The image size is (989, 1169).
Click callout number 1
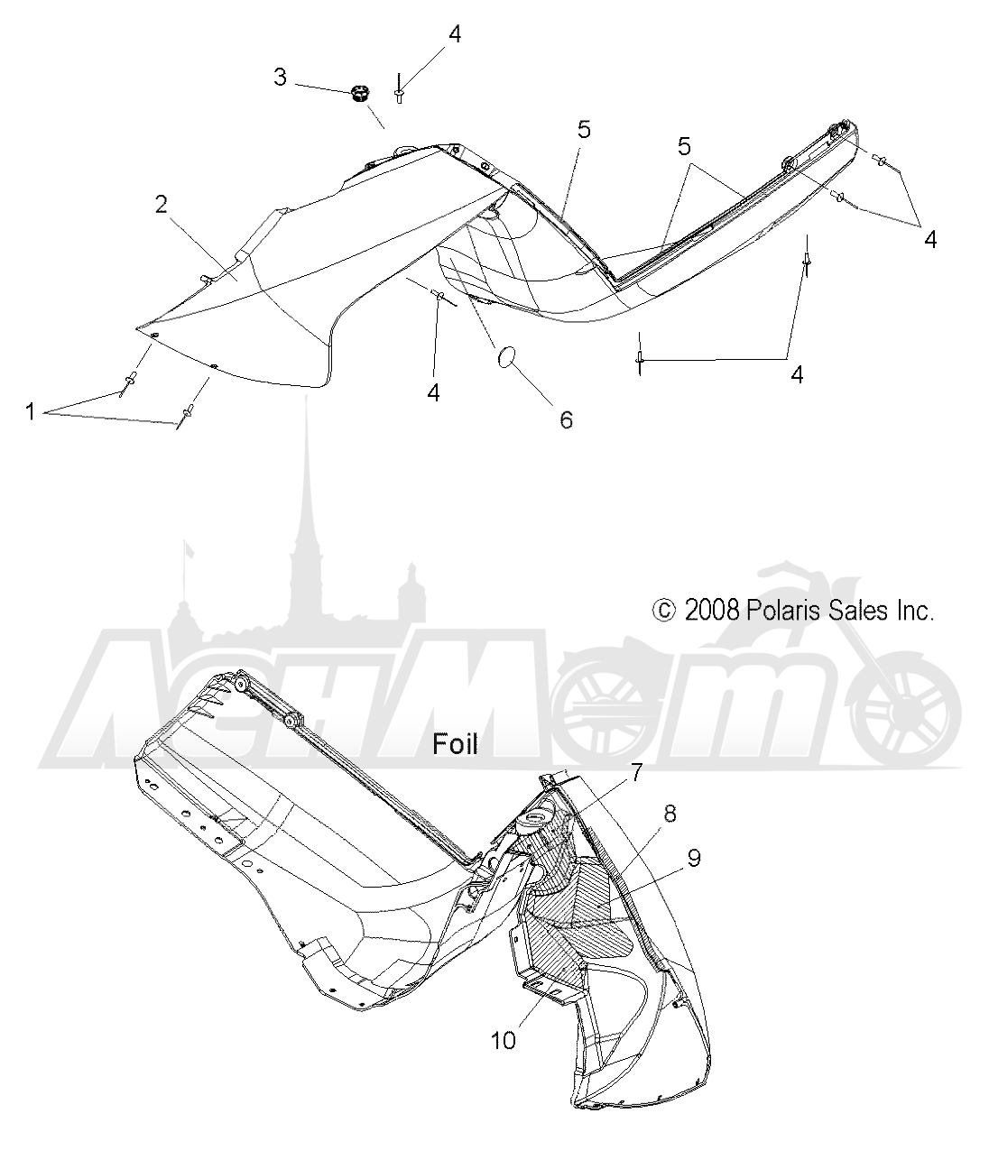point(31,411)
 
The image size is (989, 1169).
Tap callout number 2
point(162,205)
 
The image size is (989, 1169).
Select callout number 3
point(280,77)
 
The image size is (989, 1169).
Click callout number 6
point(566,419)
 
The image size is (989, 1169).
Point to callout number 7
point(636,772)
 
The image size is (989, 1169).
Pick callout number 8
point(670,814)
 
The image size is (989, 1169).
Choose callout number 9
point(694,858)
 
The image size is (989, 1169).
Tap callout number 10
point(503,1038)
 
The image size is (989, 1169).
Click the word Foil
point(455,743)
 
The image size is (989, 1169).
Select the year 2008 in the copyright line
point(712,611)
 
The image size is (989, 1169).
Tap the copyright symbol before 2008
point(664,611)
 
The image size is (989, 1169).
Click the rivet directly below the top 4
point(400,92)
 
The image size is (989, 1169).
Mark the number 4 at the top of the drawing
point(454,34)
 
